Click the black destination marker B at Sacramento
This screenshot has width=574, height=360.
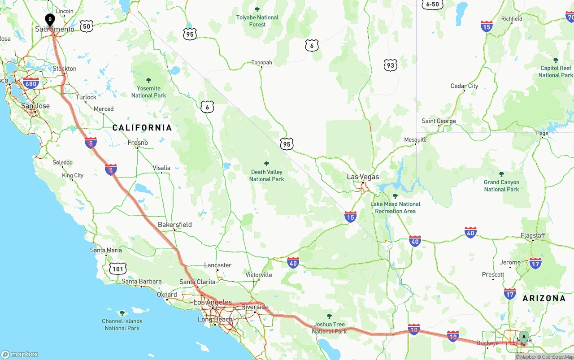50,20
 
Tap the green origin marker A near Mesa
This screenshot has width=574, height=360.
523,337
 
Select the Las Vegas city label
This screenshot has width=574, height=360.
363,177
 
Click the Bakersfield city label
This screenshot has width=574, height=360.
174,225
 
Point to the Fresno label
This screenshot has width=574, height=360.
137,143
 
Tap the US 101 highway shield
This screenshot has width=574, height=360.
117,269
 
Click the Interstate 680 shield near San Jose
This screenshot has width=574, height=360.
30,84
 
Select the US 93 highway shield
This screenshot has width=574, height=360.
391,65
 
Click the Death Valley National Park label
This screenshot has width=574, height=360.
267,175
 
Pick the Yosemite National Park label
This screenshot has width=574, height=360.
148,91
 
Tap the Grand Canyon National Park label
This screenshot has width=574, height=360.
501,186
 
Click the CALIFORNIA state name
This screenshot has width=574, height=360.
142,128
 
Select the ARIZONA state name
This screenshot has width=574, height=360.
544,298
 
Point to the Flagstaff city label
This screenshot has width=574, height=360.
533,235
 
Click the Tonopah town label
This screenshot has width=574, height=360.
261,62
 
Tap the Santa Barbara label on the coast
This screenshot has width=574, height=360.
141,282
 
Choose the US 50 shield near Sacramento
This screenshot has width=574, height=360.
87,26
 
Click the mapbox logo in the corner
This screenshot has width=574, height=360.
20,354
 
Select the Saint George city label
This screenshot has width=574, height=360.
439,121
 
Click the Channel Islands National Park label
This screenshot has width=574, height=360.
122,324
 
